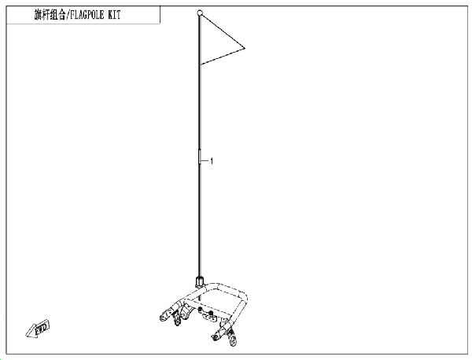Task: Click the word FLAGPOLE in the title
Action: point(87,15)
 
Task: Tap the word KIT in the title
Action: point(114,15)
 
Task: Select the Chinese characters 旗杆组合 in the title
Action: point(50,15)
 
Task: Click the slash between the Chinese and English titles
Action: point(68,15)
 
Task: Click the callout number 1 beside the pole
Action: point(212,161)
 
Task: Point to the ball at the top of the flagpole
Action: point(200,13)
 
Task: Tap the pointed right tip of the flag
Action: point(245,48)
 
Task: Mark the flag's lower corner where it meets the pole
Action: point(201,64)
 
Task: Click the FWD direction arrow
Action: point(38,329)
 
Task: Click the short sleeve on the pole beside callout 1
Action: point(199,156)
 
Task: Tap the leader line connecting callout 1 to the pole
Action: point(205,161)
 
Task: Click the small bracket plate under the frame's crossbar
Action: point(208,316)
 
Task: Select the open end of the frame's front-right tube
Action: point(215,337)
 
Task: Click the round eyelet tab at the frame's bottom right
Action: point(233,342)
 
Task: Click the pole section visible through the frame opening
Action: point(200,296)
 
